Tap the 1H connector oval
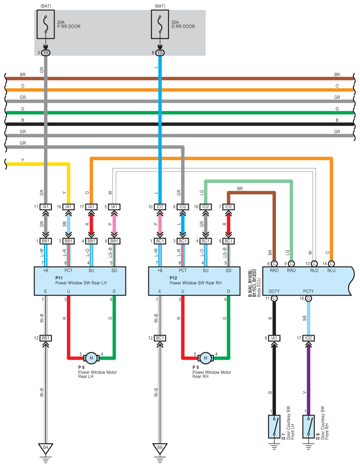pos(46,53)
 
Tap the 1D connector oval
pos(160,53)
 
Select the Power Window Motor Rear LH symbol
pos(92,358)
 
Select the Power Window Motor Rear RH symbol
pos(206,358)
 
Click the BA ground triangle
pos(45,448)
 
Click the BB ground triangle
pos(160,448)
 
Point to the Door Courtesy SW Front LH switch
pos(274,426)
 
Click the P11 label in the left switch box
pos(60,278)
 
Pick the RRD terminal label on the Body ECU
pos(274,270)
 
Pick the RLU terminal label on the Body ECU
pos(331,270)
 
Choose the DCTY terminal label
pos(274,291)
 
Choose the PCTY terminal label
pos(309,291)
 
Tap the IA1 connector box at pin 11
pos(46,207)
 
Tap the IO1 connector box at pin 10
pos(160,207)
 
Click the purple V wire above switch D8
pos(309,378)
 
